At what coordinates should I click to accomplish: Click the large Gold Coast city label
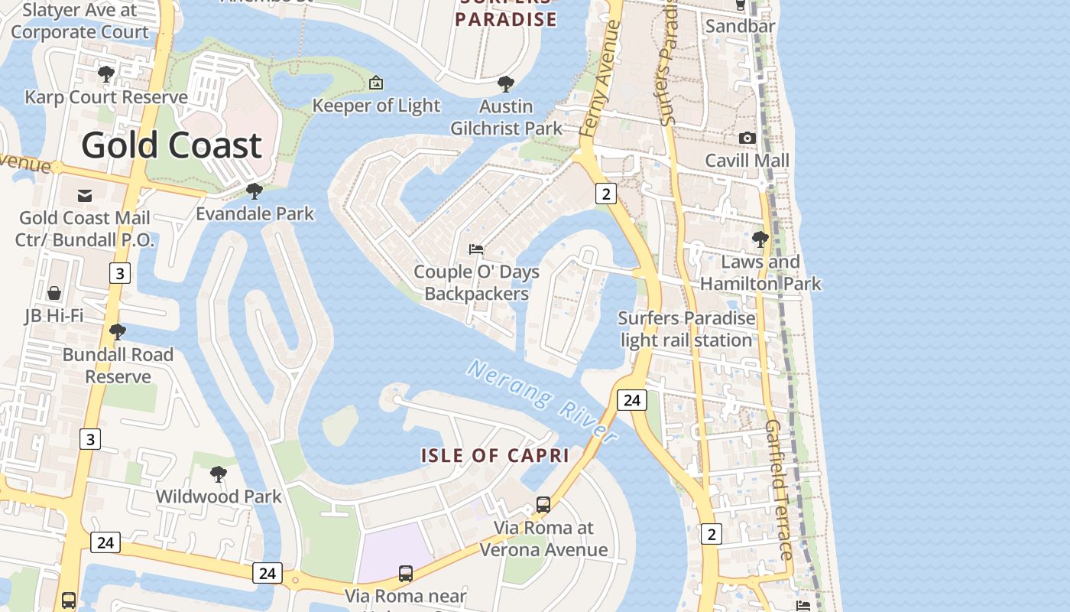pos(171,145)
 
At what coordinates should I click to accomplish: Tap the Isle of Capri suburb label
pos(495,456)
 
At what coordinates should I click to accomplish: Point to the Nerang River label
pos(543,402)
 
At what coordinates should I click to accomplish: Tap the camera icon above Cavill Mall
pos(747,138)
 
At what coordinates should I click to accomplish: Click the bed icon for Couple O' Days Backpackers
pos(476,249)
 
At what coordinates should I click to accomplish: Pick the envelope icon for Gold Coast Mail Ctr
pos(85,196)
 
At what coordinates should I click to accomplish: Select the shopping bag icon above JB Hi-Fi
pos(54,293)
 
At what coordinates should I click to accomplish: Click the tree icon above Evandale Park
pos(254,191)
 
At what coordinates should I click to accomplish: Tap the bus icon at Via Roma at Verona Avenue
pos(543,505)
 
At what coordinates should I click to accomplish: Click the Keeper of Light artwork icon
pos(375,83)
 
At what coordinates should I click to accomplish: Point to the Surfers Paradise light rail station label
pos(686,329)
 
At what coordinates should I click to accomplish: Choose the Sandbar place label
pos(740,26)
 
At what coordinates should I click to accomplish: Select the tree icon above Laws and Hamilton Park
pos(760,239)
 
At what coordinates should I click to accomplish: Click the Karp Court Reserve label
pos(106,97)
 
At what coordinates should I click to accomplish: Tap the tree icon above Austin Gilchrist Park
pos(505,84)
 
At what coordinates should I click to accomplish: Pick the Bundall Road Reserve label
pos(118,366)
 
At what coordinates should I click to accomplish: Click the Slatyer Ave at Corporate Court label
pos(79,21)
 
